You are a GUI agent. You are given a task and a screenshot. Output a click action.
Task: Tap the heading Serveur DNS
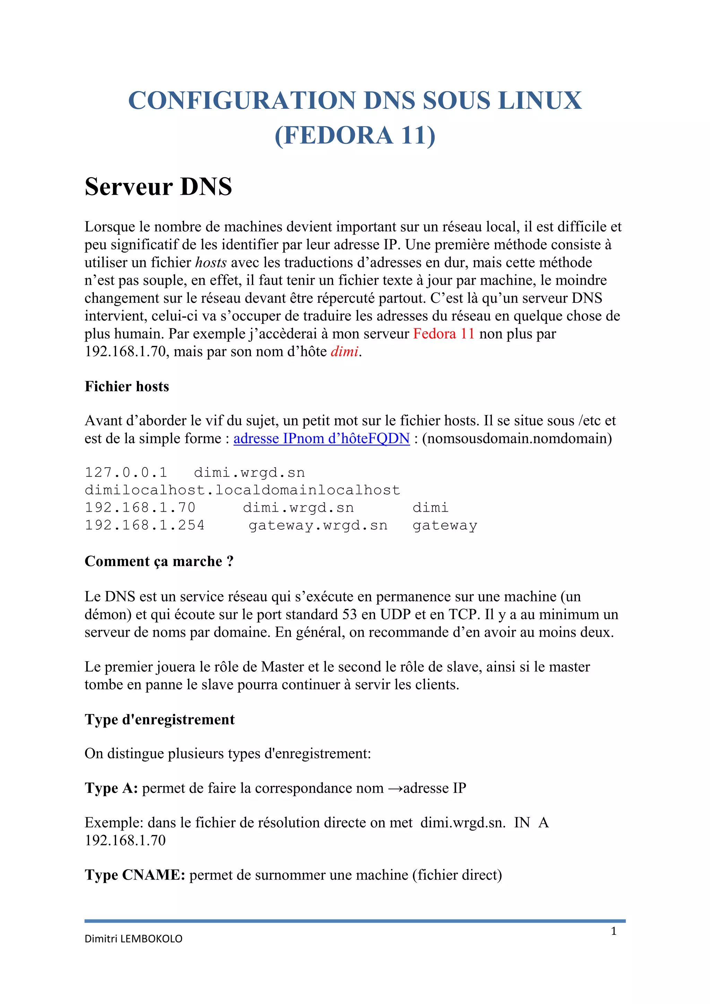click(x=158, y=187)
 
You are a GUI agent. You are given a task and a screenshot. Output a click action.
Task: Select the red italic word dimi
click(x=344, y=352)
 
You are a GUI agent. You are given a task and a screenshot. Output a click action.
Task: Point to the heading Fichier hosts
click(x=127, y=387)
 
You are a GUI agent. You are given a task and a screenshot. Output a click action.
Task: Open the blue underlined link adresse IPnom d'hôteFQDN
click(x=321, y=438)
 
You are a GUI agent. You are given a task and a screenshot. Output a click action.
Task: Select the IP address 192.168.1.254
click(x=145, y=525)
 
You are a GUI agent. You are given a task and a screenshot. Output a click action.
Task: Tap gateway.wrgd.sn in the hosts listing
click(x=318, y=525)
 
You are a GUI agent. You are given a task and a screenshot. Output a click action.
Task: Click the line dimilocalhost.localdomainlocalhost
click(x=242, y=490)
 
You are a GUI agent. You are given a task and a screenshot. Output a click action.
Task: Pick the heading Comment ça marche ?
click(x=159, y=562)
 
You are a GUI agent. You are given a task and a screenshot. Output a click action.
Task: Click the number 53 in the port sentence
click(x=349, y=614)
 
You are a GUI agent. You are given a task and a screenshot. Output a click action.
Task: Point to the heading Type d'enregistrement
click(x=160, y=720)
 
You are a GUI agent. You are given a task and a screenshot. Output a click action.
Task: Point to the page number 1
click(x=613, y=931)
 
